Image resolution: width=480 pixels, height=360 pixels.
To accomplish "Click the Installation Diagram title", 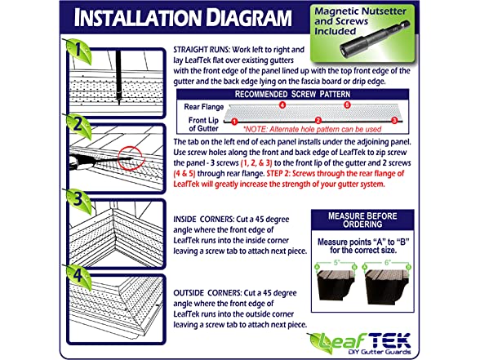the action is click(183, 18).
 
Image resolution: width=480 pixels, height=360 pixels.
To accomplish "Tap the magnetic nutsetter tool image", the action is click(375, 39).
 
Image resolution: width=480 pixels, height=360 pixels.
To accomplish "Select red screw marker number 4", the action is click(282, 105).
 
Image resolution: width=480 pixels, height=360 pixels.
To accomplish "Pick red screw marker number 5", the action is click(347, 105).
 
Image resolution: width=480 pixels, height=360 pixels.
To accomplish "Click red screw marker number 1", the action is click(234, 122).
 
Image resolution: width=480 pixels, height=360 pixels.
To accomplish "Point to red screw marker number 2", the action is click(318, 120).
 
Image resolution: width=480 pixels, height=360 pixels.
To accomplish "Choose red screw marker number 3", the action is click(394, 120).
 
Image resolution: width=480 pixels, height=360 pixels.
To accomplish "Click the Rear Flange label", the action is click(204, 107).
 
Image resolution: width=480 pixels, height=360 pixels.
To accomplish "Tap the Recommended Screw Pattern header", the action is click(292, 94).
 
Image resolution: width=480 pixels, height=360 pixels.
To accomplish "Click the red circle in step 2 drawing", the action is click(118, 158).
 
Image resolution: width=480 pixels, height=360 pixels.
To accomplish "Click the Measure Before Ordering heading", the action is click(362, 220).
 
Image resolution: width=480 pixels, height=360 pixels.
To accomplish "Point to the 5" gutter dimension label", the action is click(336, 263).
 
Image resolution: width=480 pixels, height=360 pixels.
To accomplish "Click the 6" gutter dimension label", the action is click(388, 263).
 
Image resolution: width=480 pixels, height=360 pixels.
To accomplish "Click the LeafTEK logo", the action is click(361, 344).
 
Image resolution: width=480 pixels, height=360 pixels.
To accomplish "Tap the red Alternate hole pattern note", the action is click(312, 129).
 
